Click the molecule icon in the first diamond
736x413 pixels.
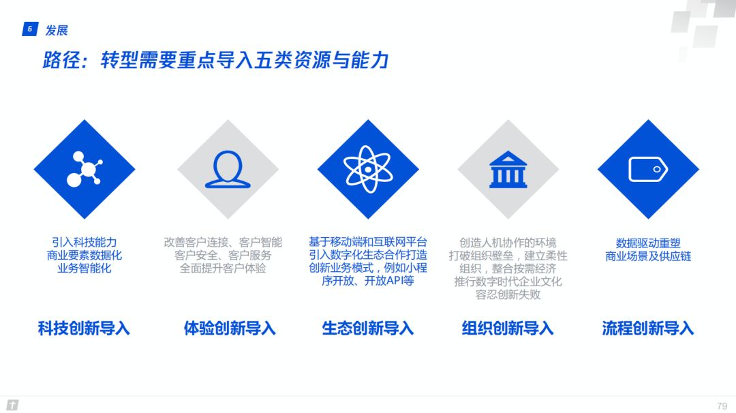coord(85,169)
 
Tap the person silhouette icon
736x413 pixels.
coord(228,169)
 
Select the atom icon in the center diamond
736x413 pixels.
coord(368,169)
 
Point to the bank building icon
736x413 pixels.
coord(508,170)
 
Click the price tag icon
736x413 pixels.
coord(648,170)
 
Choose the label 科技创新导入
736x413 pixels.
coord(84,328)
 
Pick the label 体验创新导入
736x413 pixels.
coord(230,328)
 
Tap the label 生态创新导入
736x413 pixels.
coord(368,328)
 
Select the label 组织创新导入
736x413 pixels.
coord(508,328)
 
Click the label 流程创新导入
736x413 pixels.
coord(648,328)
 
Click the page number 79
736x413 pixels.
coord(722,406)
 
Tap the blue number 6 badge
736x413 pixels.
coord(30,29)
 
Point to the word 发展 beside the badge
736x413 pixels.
coord(57,31)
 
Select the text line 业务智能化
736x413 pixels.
coord(85,269)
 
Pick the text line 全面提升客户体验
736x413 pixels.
coord(223,269)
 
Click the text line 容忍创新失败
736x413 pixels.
coord(508,294)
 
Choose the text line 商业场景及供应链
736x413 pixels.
coord(648,256)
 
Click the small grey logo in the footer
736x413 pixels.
coord(13,405)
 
